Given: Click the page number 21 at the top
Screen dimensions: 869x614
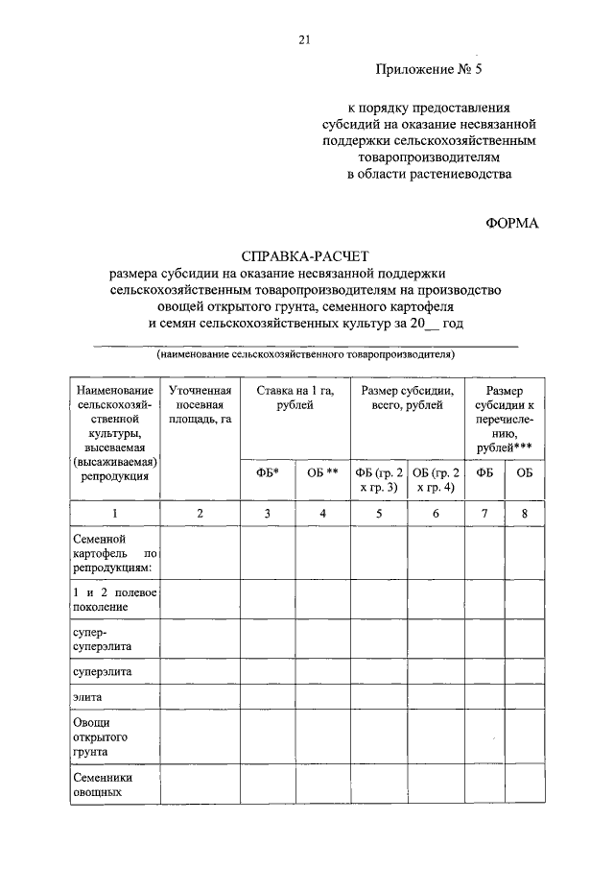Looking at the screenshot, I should click(305, 38).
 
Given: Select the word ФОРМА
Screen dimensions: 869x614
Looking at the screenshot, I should click(513, 223).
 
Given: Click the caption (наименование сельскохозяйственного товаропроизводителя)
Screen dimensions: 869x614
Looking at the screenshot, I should click(306, 354).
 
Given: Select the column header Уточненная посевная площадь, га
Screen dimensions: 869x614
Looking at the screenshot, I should click(200, 406).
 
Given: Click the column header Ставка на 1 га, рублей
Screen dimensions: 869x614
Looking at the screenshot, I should click(295, 398).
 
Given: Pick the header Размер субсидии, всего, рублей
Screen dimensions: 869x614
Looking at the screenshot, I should click(407, 398).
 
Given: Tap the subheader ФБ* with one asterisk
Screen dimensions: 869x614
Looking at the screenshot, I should click(267, 473).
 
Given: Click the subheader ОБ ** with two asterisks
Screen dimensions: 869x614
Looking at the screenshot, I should click(322, 473).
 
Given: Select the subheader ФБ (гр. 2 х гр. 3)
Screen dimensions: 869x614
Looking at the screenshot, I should click(379, 480).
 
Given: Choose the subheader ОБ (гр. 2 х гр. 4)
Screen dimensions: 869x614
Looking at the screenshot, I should click(436, 480).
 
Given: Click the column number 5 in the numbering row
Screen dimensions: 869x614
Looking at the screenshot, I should click(379, 514).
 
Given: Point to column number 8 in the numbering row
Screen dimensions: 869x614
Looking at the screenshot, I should click(524, 514).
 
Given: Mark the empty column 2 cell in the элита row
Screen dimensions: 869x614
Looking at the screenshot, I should click(200, 694).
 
